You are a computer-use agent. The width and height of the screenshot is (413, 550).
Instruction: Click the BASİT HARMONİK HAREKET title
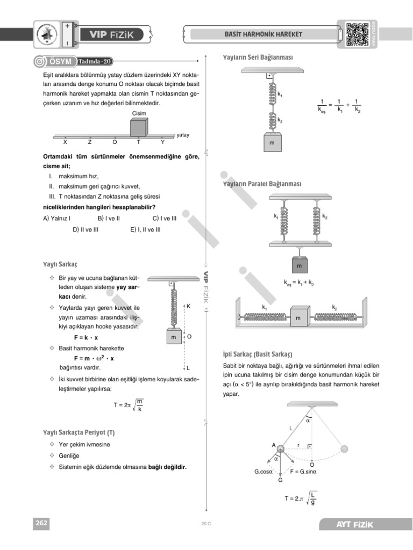coord(263,34)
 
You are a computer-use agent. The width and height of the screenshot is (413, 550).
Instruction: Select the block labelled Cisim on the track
coord(139,127)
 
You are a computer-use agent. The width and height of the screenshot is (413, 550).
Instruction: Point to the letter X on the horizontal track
coord(65,142)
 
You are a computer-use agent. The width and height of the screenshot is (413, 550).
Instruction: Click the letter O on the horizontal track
coord(114,142)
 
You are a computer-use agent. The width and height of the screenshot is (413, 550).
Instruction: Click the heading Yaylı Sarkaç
coord(61,265)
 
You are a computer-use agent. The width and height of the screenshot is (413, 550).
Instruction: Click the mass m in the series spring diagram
coord(272,143)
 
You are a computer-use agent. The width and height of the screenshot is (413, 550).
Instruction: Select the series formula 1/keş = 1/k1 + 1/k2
coord(339,106)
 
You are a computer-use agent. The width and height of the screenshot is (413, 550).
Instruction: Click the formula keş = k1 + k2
coord(299,283)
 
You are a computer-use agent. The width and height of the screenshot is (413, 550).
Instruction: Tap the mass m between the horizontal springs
coord(298,319)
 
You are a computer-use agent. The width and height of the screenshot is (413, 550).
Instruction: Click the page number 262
coord(41,523)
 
